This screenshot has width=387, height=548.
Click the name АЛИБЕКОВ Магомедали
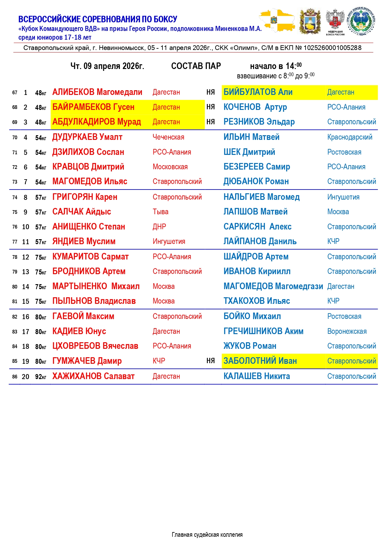[x=97, y=92]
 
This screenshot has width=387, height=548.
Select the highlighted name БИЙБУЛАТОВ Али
[x=258, y=92]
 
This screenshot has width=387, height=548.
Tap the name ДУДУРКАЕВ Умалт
[x=87, y=137]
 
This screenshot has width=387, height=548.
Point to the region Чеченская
[x=168, y=137]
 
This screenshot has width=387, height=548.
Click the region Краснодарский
[x=350, y=137]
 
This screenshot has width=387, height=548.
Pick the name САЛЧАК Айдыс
[x=81, y=212]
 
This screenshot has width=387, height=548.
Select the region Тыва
[x=160, y=212]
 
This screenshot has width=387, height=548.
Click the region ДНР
[x=159, y=227]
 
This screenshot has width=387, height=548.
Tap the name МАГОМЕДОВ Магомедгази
[x=273, y=286]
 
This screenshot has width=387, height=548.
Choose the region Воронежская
[x=347, y=331]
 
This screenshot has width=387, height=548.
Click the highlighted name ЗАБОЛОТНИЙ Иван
[x=260, y=361]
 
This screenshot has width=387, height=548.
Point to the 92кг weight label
[x=41, y=377]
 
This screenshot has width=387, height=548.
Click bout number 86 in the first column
[x=15, y=377]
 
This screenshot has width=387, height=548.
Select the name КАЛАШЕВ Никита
[x=257, y=376]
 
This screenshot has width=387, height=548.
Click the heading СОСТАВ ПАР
[x=196, y=66]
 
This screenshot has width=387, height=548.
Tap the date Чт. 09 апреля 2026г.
[x=107, y=66]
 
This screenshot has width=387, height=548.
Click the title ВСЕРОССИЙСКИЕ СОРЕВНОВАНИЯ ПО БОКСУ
[x=98, y=19]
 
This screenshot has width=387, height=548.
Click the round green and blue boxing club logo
[x=362, y=21]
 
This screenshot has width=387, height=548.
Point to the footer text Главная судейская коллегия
[x=207, y=535]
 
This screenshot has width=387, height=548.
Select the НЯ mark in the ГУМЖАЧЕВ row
[x=210, y=361]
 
